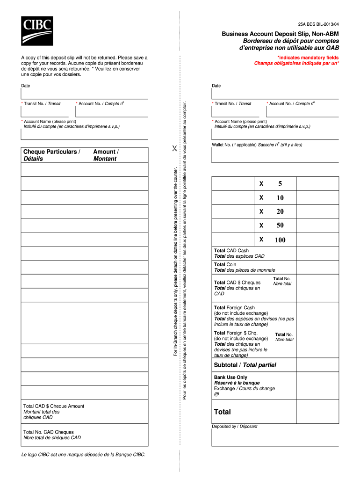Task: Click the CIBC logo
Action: (x=36, y=31)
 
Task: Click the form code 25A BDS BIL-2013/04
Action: (x=318, y=23)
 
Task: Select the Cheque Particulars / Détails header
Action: (x=51, y=155)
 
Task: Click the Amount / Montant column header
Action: (x=106, y=155)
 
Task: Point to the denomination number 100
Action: (x=280, y=240)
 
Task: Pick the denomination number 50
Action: (x=280, y=225)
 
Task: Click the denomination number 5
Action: (x=280, y=184)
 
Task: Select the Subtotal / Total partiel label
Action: (x=245, y=365)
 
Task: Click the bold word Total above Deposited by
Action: (x=222, y=412)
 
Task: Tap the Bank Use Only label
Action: (x=230, y=377)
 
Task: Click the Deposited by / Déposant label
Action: (x=234, y=426)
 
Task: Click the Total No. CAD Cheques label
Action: (x=49, y=432)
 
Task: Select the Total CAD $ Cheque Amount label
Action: (x=54, y=406)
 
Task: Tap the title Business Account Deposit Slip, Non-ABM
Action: (x=281, y=35)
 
